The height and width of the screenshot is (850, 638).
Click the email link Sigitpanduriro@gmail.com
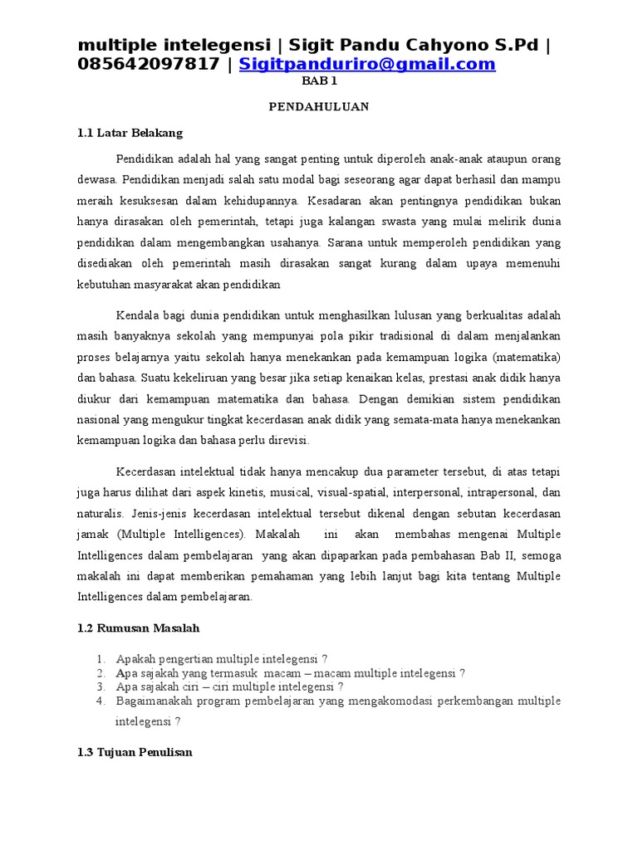[367, 64]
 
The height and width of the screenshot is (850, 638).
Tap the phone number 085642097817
[148, 64]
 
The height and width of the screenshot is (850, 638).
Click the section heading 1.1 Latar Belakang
[130, 133]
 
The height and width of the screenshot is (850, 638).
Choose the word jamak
[94, 534]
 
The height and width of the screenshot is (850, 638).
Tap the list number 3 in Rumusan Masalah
[100, 686]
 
